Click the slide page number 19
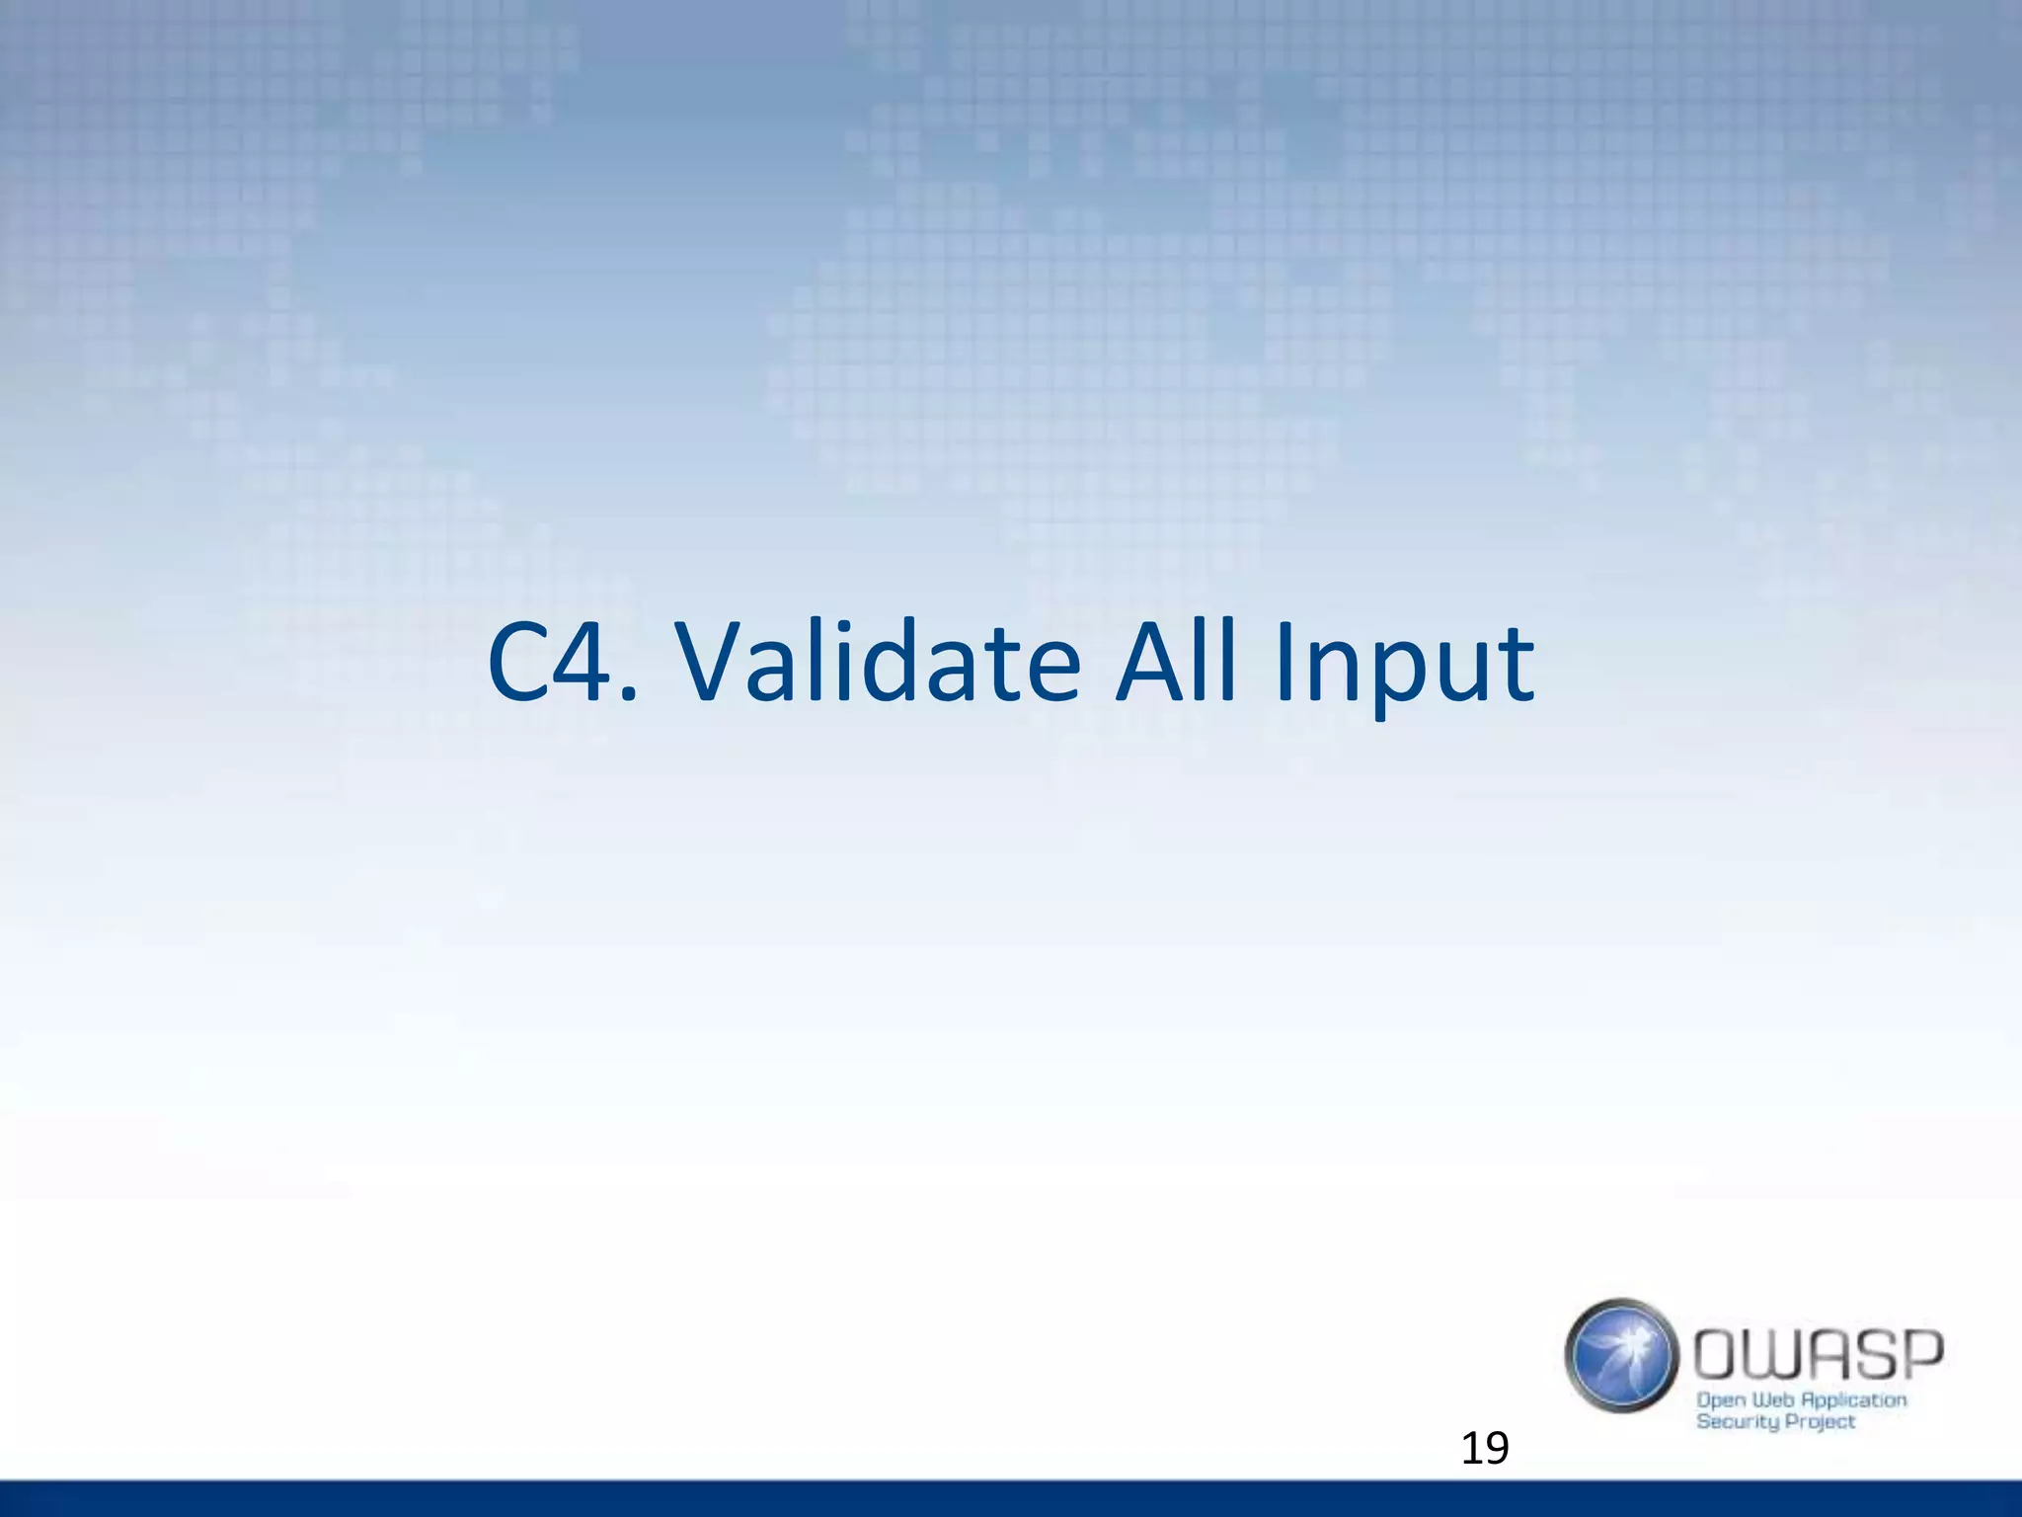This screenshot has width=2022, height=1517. (1484, 1449)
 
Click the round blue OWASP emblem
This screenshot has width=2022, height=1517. (1621, 1355)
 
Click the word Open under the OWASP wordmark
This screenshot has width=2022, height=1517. (1721, 1401)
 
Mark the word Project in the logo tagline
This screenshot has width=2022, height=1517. (1822, 1422)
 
